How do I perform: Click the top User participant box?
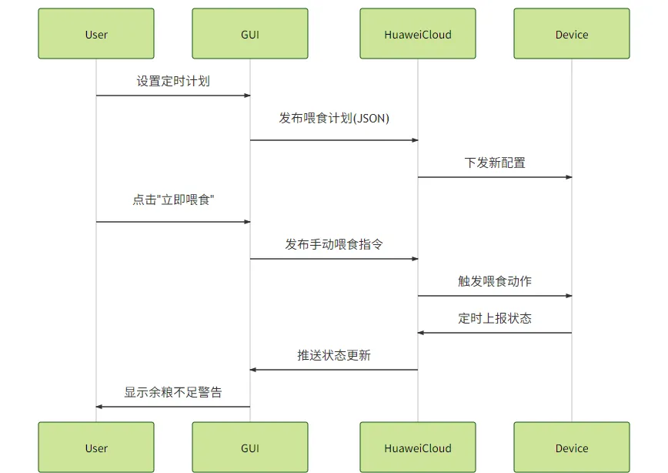(x=96, y=34)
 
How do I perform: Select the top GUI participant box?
(x=250, y=34)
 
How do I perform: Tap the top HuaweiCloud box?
(x=418, y=34)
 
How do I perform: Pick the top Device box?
(x=572, y=34)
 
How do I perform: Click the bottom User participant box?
(x=96, y=448)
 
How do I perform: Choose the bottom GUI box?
(x=250, y=448)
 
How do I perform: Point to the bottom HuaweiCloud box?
(x=418, y=448)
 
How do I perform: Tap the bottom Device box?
(x=572, y=448)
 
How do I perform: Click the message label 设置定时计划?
(x=173, y=81)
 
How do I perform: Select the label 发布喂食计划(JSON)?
(x=334, y=118)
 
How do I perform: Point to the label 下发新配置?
(x=495, y=163)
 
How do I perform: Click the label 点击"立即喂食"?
(x=173, y=200)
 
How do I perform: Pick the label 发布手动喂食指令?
(x=334, y=244)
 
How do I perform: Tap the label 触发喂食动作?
(x=495, y=281)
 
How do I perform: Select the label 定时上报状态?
(x=495, y=318)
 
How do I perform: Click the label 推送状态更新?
(x=334, y=355)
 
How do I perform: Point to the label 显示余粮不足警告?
(x=173, y=392)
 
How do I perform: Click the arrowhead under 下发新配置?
(x=569, y=177)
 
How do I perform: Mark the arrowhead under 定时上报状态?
(x=422, y=333)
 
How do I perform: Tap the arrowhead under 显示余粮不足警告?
(x=100, y=407)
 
